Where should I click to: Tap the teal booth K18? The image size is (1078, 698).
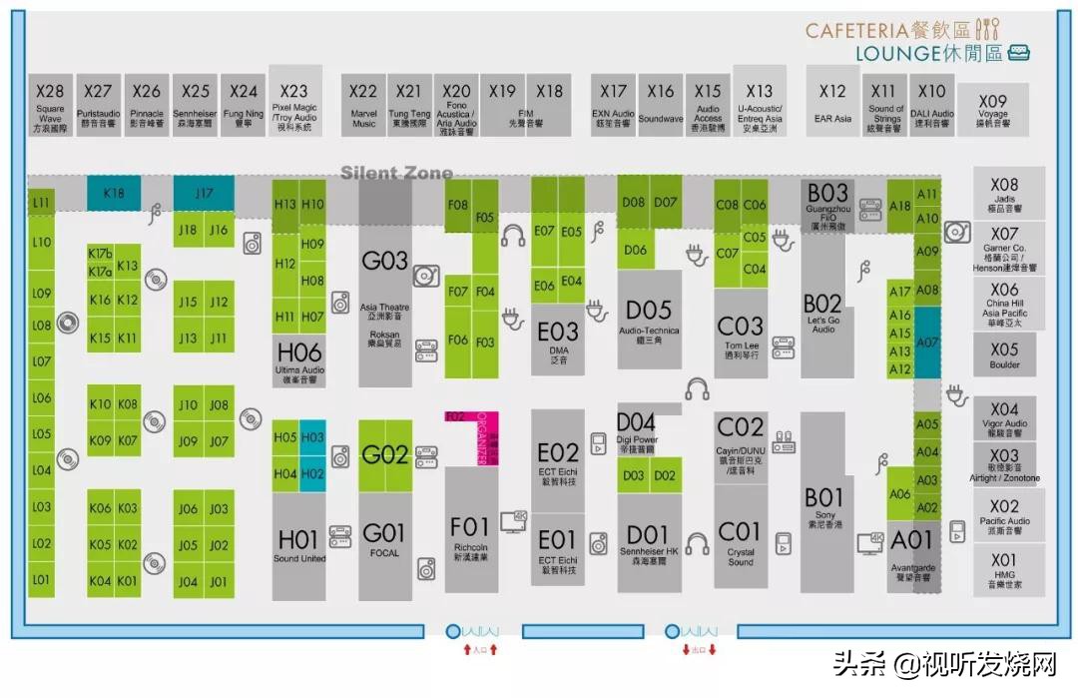pos(113,192)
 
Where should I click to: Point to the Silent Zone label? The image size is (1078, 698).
pos(396,173)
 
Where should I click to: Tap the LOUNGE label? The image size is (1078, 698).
pos(899,54)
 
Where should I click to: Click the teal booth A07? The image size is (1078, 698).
pos(927,343)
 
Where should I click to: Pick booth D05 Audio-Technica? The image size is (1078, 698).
pos(649,320)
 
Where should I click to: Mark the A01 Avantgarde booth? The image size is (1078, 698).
pos(911,549)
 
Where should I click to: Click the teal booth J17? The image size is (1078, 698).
pos(204,192)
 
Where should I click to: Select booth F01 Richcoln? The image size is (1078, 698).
pos(470,534)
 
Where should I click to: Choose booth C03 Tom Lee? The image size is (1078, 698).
pos(741,335)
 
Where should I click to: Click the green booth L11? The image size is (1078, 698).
pos(41,203)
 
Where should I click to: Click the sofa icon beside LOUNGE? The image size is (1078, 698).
pos(1019,54)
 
